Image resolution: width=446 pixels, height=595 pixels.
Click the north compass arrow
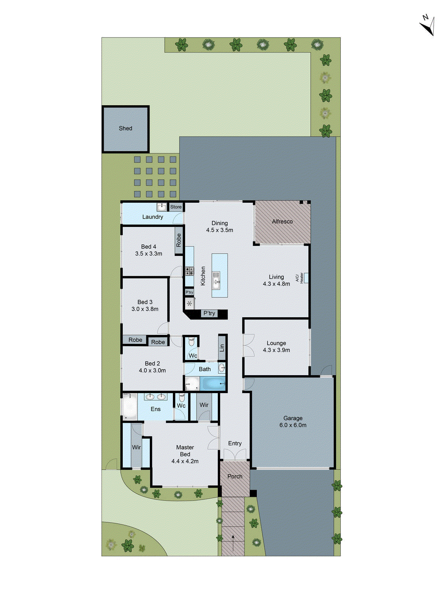click(428, 25)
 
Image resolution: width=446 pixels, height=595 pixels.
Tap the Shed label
click(125, 128)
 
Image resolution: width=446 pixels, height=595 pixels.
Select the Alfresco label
click(282, 222)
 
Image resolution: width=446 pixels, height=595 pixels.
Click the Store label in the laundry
click(176, 207)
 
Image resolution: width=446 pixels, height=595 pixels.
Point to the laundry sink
click(162, 207)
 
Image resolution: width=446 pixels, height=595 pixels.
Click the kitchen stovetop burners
click(190, 271)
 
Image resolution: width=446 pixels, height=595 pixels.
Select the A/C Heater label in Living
click(299, 277)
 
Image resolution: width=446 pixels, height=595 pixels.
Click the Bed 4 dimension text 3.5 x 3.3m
click(149, 254)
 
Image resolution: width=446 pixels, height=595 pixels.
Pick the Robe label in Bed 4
click(179, 240)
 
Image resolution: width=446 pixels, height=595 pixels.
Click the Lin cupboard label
click(222, 348)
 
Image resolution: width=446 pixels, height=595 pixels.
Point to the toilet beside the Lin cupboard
click(191, 341)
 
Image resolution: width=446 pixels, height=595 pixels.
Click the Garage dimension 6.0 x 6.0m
click(293, 425)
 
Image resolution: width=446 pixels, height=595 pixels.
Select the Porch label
click(235, 476)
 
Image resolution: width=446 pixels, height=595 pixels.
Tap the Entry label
click(235, 443)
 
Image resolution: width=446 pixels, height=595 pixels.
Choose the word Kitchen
click(203, 276)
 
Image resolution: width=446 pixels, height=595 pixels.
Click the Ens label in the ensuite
click(155, 409)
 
